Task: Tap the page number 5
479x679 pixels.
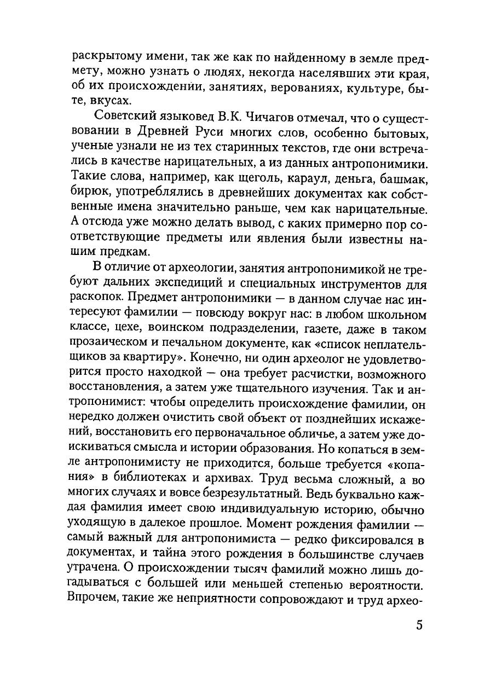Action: [x=419, y=626]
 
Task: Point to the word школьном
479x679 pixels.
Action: [x=391, y=316]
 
